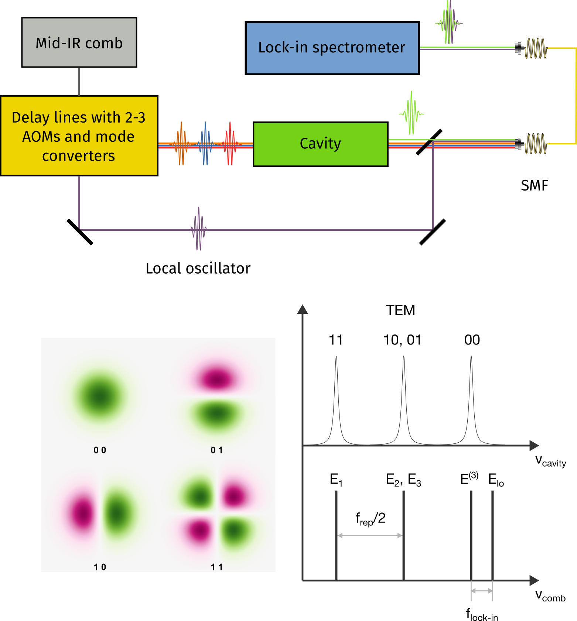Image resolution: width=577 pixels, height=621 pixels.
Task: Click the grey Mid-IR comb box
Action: coord(79,42)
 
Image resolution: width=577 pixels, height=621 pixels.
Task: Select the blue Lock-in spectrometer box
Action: coord(332,48)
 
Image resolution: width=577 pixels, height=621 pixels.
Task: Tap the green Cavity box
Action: coord(320,144)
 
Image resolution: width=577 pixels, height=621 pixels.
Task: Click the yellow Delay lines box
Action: coord(79,136)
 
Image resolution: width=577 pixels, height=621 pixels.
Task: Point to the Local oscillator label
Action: coord(198,268)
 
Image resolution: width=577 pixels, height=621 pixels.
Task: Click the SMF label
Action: coord(534,185)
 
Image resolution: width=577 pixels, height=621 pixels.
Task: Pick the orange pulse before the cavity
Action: coord(181,144)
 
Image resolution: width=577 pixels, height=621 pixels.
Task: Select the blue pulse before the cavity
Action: coord(205,144)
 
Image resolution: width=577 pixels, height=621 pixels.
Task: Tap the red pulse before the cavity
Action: coord(230,144)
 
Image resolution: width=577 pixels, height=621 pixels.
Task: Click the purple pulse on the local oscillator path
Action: coord(199,229)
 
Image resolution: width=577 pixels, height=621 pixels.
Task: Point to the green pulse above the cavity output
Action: coord(411,113)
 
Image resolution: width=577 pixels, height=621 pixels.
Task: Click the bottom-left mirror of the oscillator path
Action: coord(80,232)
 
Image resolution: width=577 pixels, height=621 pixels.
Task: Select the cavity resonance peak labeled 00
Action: coord(471,399)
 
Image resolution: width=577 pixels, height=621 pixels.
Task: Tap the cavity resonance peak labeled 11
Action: coord(336,399)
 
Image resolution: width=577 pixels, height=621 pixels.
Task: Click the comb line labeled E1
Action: coord(336,535)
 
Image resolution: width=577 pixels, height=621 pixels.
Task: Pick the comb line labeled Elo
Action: coord(492,535)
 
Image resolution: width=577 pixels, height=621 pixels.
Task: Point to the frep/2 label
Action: coord(370,519)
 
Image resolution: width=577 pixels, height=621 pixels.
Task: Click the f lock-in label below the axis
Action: coord(482,615)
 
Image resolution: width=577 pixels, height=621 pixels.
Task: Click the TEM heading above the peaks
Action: coord(400,310)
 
